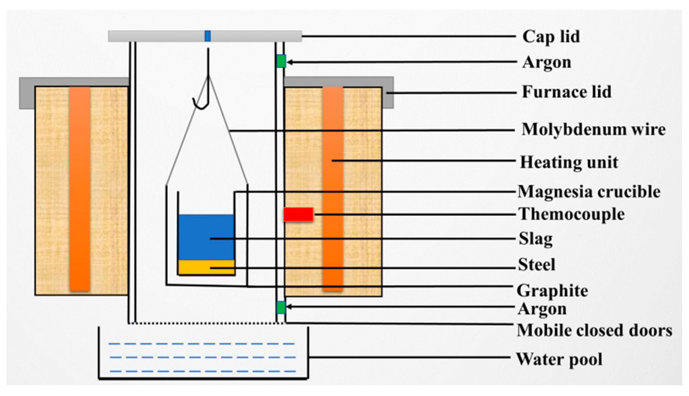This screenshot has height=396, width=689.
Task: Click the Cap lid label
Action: (x=551, y=37)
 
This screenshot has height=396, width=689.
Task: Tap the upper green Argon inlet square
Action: (x=281, y=61)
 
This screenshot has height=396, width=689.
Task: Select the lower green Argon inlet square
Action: (x=281, y=307)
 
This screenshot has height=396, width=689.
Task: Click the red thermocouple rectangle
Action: (x=298, y=214)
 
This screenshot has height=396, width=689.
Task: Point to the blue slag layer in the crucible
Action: (x=206, y=236)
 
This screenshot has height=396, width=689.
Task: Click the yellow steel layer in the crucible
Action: (x=206, y=267)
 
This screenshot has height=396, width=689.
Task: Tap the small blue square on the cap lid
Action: (x=208, y=36)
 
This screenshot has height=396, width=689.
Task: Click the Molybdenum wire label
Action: (x=593, y=129)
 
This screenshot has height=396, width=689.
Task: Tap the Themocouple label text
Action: (x=571, y=214)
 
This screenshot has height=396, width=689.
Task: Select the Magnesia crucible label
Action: (x=589, y=192)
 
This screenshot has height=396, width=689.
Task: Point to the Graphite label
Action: (x=552, y=291)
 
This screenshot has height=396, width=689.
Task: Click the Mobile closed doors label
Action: (x=594, y=330)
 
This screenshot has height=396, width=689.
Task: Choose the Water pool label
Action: (x=559, y=359)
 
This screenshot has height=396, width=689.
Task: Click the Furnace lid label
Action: (x=566, y=92)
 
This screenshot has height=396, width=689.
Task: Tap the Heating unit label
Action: (x=569, y=162)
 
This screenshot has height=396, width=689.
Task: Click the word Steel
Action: (x=536, y=265)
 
